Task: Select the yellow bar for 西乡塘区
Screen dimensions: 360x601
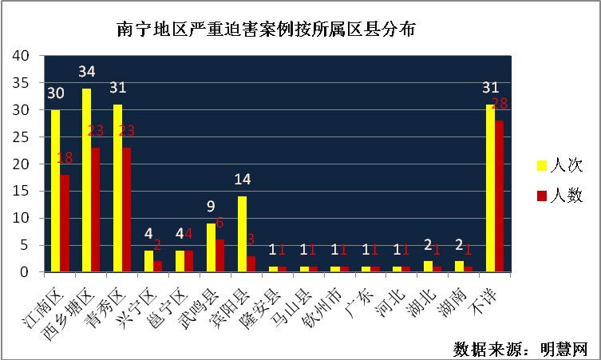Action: [86, 180]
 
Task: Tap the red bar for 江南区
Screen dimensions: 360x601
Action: [65, 223]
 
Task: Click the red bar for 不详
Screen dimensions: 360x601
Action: [500, 196]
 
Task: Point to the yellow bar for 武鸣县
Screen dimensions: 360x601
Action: [211, 247]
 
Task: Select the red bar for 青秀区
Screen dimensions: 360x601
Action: [126, 209]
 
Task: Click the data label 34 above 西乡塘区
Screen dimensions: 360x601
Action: [87, 72]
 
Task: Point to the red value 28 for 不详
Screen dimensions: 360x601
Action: [500, 104]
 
